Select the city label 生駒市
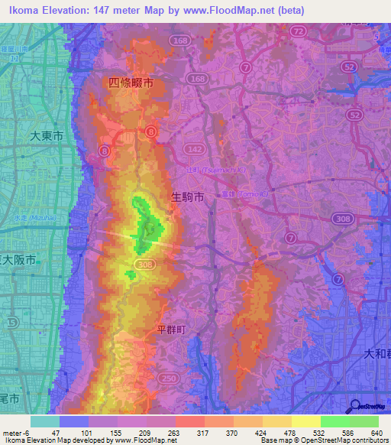click(187, 197)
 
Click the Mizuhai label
click(27, 217)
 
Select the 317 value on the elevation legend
click(203, 432)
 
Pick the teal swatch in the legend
click(44, 421)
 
